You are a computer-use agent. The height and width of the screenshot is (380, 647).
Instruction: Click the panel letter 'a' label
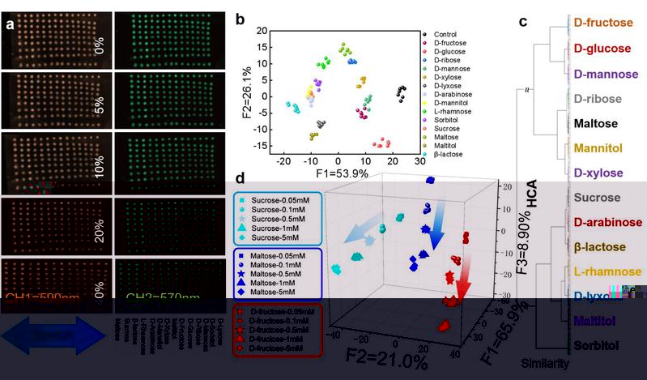11,24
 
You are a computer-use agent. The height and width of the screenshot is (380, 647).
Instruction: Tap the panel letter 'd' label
239,178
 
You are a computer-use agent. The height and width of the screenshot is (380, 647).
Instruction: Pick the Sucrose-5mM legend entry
277,237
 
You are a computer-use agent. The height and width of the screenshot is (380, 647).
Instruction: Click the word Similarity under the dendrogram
544,364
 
